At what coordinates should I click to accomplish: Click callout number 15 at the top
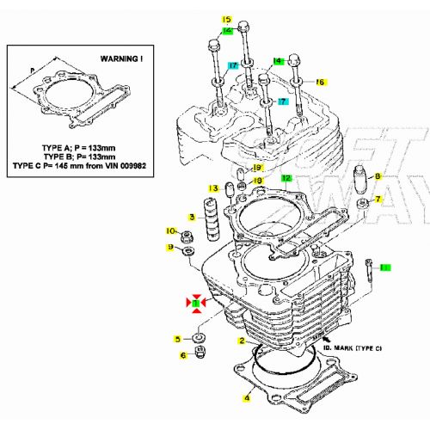point(227,19)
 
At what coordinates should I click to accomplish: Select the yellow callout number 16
point(320,82)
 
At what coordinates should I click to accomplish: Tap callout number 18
point(258,181)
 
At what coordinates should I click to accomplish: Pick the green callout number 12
point(287,178)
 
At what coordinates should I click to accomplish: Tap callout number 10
point(170,230)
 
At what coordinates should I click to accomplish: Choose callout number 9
point(171,248)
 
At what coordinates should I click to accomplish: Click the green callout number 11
point(384,268)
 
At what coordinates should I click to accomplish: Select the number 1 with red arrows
point(197,304)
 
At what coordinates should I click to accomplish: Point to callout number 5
point(177,339)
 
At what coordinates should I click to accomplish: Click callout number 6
point(182,355)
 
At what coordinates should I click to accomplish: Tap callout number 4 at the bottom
point(246,397)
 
